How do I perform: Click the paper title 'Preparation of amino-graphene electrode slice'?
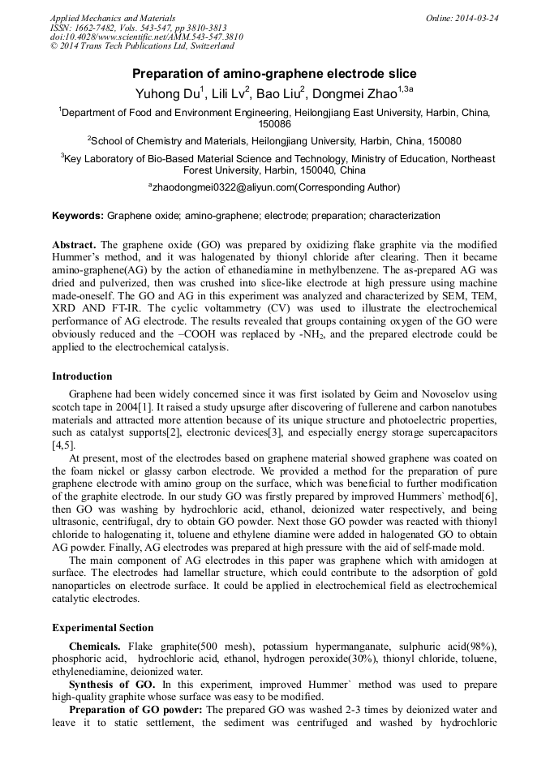pyautogui.click(x=274, y=74)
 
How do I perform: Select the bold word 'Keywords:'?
pyautogui.click(x=78, y=216)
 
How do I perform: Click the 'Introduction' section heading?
pyautogui.click(x=82, y=376)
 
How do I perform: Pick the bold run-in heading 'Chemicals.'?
pyautogui.click(x=96, y=646)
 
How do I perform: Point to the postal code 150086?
pyautogui.click(x=274, y=124)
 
